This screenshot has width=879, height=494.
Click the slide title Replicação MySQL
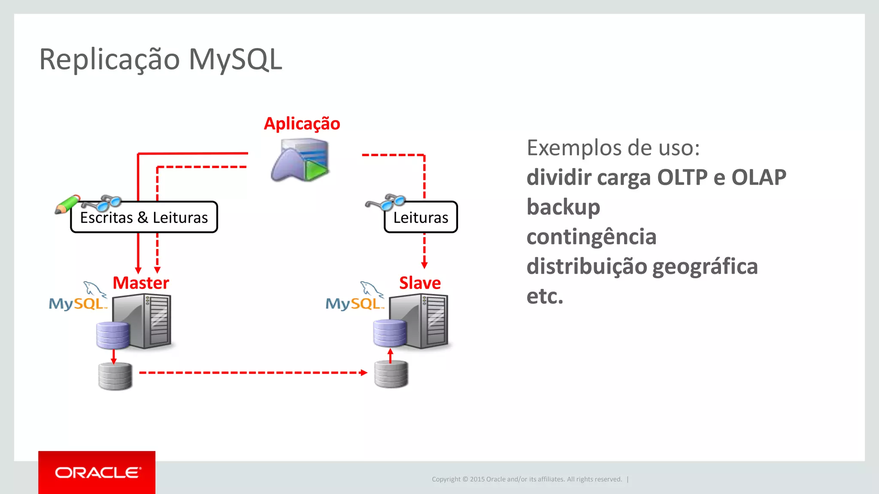pyautogui.click(x=161, y=59)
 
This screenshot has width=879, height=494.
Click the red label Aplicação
pyautogui.click(x=302, y=123)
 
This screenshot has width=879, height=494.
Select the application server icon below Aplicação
pyautogui.click(x=300, y=160)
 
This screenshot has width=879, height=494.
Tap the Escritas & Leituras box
pyautogui.click(x=144, y=217)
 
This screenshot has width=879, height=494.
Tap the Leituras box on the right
pyautogui.click(x=421, y=217)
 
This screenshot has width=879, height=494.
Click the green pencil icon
pyautogui.click(x=67, y=205)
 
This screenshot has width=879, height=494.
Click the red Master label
pyautogui.click(x=141, y=283)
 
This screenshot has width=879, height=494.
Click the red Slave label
pyautogui.click(x=420, y=283)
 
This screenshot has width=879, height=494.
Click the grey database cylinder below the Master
pyautogui.click(x=115, y=376)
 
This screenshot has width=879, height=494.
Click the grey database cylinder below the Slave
pyautogui.click(x=391, y=374)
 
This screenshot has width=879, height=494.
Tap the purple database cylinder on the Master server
pyautogui.click(x=113, y=335)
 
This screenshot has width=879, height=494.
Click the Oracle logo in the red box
pyautogui.click(x=97, y=473)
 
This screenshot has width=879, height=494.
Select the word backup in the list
pyautogui.click(x=563, y=207)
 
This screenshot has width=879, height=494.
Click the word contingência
pyautogui.click(x=591, y=237)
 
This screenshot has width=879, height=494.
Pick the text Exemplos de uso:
pyautogui.click(x=613, y=148)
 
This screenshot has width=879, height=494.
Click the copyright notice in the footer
pyautogui.click(x=527, y=479)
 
